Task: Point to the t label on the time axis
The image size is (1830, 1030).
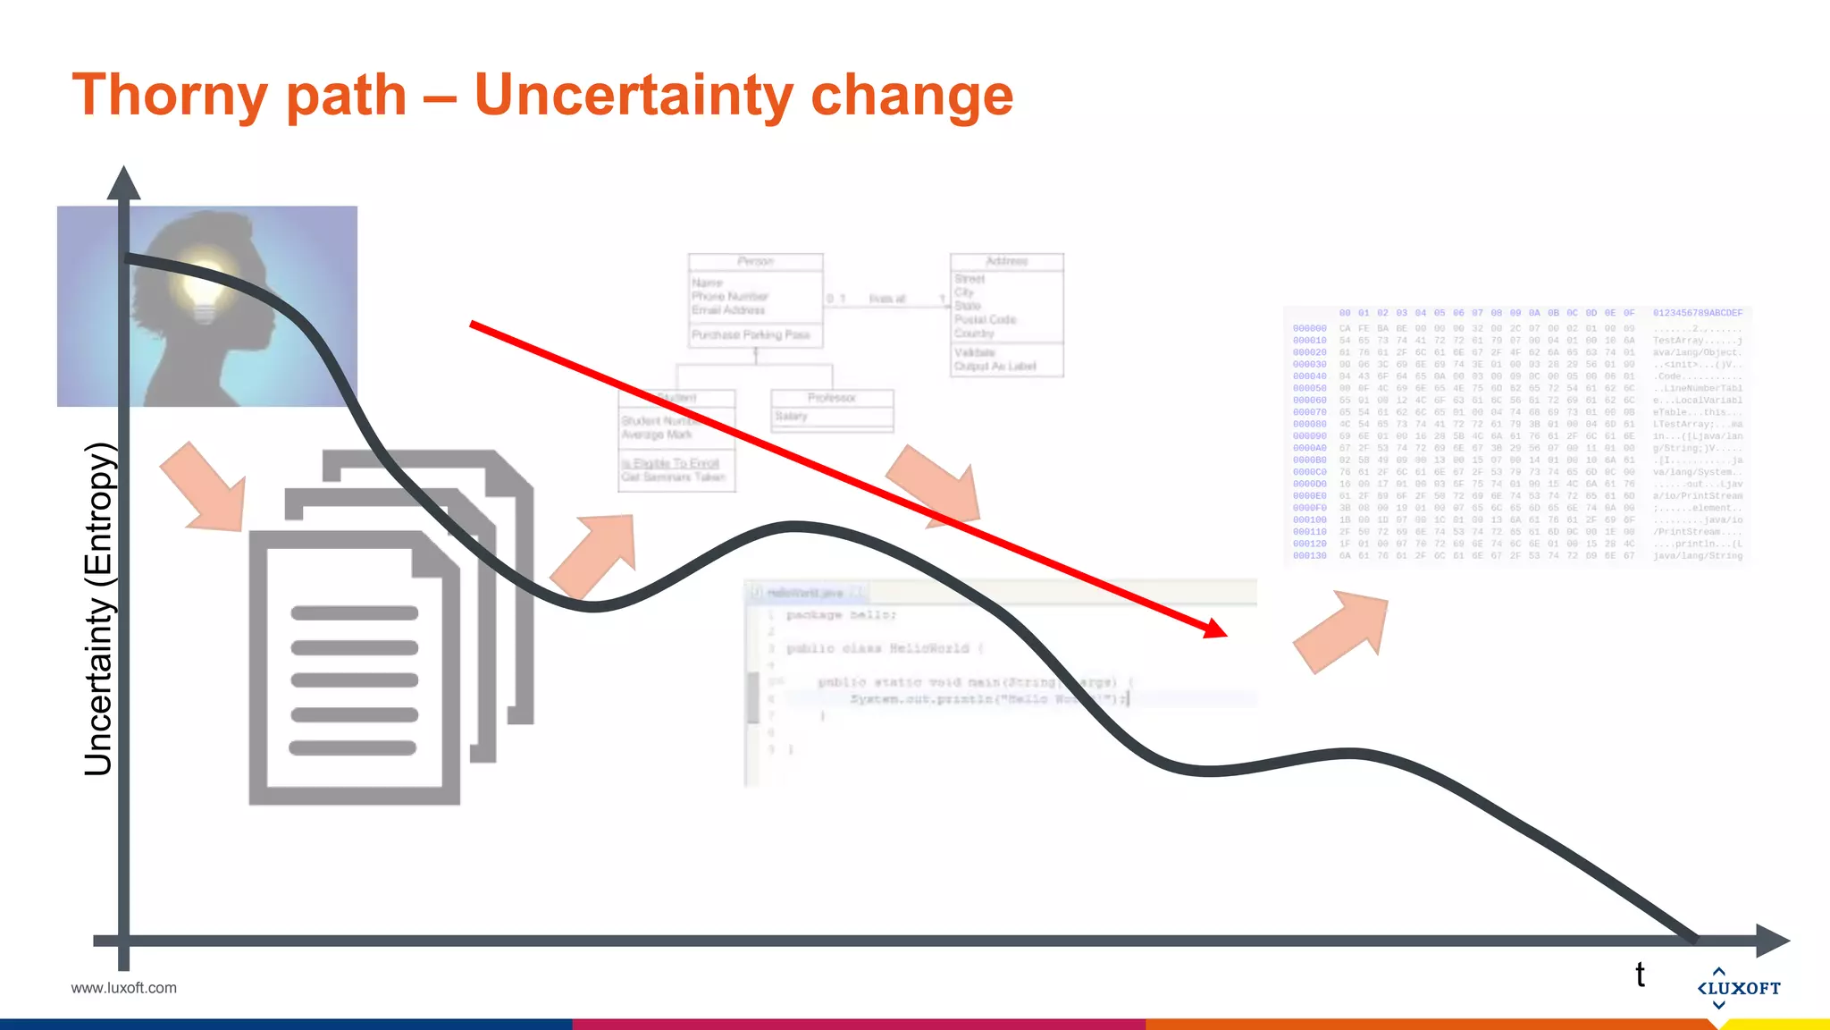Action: pos(1640,975)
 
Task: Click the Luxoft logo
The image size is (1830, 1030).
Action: pos(1738,987)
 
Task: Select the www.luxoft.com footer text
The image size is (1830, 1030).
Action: pos(123,988)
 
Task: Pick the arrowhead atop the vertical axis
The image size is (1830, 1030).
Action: pos(123,183)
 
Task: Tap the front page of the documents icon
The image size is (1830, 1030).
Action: pos(354,671)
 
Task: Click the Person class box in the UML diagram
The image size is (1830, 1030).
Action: pos(755,300)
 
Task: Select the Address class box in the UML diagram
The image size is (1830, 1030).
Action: pos(1007,315)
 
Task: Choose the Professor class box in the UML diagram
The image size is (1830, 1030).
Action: pos(832,409)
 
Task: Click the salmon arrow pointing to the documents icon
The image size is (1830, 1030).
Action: pos(205,487)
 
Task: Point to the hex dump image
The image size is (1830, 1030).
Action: pos(1517,435)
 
